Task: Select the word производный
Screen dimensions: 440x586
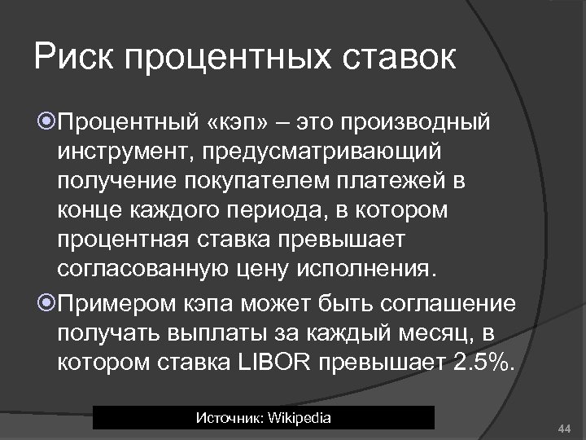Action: (x=415, y=123)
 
